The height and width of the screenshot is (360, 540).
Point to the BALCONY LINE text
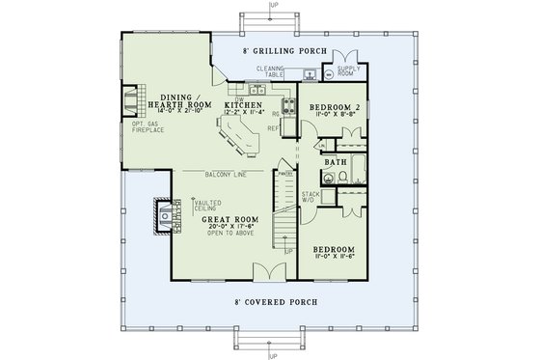point(225,174)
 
